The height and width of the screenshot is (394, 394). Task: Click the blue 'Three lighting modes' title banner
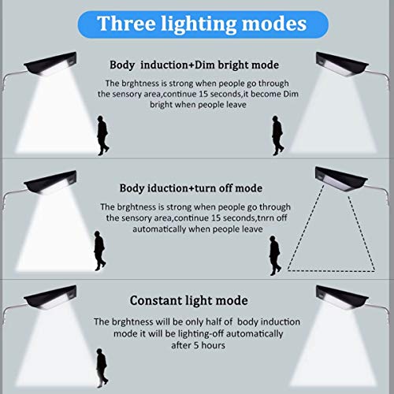[203, 24]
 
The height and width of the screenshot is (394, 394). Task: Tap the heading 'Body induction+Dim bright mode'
[194, 65]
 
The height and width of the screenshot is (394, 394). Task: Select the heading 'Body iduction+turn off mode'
[191, 188]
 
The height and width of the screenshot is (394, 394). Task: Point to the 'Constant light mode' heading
[189, 300]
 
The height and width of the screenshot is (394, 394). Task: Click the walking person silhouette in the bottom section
[102, 368]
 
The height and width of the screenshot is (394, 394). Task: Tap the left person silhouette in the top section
[102, 136]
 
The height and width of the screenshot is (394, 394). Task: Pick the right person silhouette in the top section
[277, 136]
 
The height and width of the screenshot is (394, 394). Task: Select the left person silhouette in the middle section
[100, 251]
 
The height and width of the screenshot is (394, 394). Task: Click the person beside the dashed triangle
[275, 255]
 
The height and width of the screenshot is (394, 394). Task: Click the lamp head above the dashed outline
[341, 179]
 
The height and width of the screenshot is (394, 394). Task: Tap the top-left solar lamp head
[50, 64]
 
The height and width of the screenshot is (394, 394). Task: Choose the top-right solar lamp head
[342, 64]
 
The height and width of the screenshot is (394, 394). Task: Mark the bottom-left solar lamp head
[50, 297]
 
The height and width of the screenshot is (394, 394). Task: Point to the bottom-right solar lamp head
[342, 297]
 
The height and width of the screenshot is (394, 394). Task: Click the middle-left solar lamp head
[50, 182]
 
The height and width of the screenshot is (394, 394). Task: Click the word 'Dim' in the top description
[291, 94]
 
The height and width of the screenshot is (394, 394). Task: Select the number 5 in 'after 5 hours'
[196, 345]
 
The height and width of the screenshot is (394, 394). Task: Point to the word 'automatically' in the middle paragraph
[159, 229]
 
